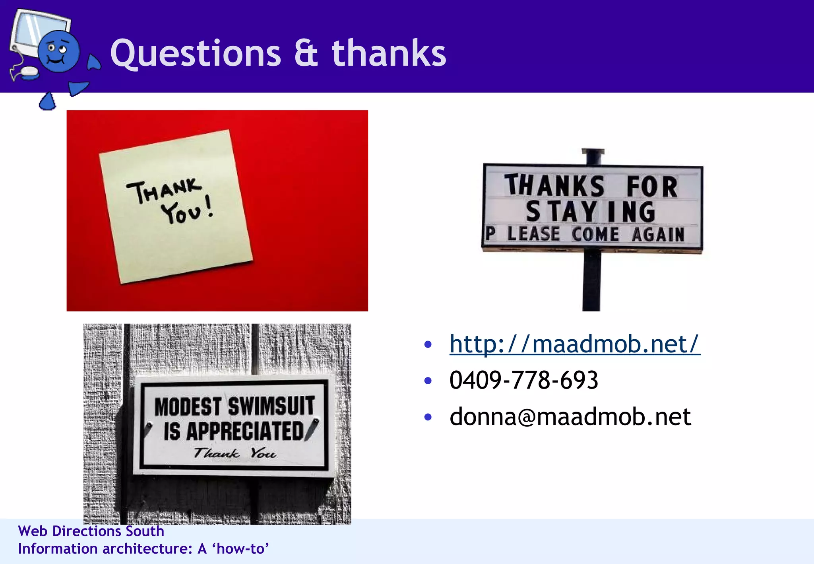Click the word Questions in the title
pyautogui.click(x=196, y=54)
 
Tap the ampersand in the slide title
pyautogui.click(x=306, y=54)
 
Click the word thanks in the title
pyautogui.click(x=389, y=53)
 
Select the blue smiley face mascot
pyautogui.click(x=59, y=51)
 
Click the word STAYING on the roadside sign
pyautogui.click(x=591, y=212)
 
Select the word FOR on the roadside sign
pyautogui.click(x=652, y=186)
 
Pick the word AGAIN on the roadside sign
pyautogui.click(x=658, y=234)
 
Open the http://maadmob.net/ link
pyautogui.click(x=574, y=344)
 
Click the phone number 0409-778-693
pyautogui.click(x=523, y=380)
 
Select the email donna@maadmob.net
pyautogui.click(x=570, y=417)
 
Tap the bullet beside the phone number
pyautogui.click(x=428, y=381)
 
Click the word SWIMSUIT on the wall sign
pyautogui.click(x=271, y=406)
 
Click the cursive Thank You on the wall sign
pyautogui.click(x=235, y=453)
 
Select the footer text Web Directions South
pyautogui.click(x=91, y=531)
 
